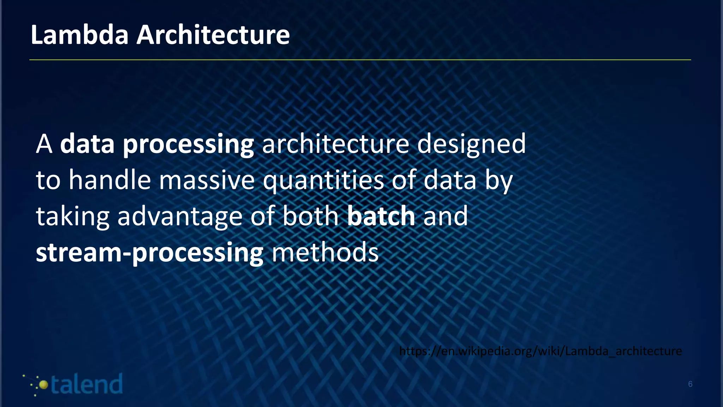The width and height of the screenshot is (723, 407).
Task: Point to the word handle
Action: (110, 180)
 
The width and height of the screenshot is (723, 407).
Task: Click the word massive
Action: (207, 180)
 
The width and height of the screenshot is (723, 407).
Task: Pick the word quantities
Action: (323, 180)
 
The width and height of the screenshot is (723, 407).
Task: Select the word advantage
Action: (180, 216)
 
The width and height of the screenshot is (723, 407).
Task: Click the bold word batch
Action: (381, 216)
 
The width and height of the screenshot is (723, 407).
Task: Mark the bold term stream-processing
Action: (149, 253)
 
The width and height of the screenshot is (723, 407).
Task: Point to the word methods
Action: (325, 253)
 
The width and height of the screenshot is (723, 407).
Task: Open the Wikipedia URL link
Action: (540, 351)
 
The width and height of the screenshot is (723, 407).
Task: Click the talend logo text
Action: (86, 384)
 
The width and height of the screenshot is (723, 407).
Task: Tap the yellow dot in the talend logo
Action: (43, 385)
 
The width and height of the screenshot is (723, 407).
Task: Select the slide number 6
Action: (690, 384)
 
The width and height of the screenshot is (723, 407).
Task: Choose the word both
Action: (311, 216)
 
